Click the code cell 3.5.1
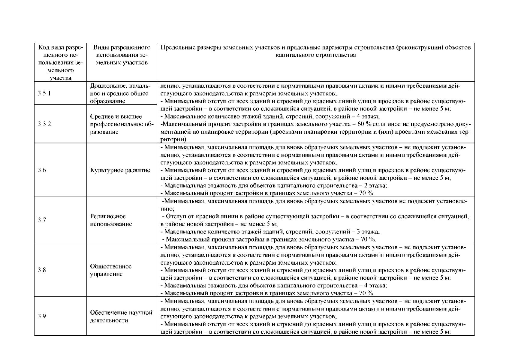pos(44,93)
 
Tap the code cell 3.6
pos(42,170)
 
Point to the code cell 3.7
pos(42,220)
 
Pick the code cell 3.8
pos(42,270)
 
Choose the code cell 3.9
pos(42,316)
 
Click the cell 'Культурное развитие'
pos(120,170)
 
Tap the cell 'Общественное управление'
pos(111,270)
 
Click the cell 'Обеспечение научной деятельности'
pos(122,316)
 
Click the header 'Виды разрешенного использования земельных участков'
pos(122,55)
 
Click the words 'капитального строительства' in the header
pos(316,55)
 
